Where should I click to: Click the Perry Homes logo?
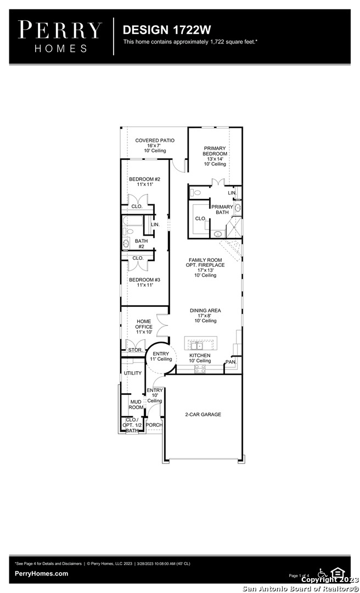click(x=60, y=37)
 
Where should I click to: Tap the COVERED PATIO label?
click(x=155, y=141)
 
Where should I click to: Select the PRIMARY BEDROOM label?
click(x=215, y=152)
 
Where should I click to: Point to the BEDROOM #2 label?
click(x=144, y=179)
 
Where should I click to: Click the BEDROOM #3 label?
click(x=144, y=280)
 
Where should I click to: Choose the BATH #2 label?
click(x=142, y=244)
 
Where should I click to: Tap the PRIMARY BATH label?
click(x=222, y=210)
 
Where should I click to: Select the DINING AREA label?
click(x=205, y=310)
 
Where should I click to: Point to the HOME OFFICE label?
click(x=144, y=324)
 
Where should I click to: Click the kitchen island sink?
click(x=196, y=346)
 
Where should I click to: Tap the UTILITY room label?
click(x=133, y=373)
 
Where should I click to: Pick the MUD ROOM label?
click(x=136, y=405)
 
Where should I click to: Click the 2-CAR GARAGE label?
click(x=203, y=415)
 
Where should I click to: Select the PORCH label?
click(x=154, y=425)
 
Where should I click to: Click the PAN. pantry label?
click(x=230, y=362)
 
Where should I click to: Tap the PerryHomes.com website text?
click(x=42, y=573)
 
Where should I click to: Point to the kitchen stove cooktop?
click(x=200, y=369)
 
